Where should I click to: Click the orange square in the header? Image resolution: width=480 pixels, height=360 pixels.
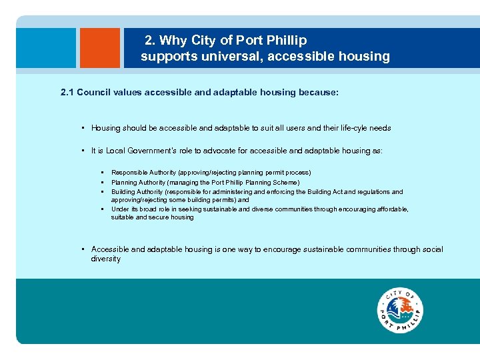click(x=100, y=48)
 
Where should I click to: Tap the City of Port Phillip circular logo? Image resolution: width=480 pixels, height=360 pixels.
click(x=400, y=311)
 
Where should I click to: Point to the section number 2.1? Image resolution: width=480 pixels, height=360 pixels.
click(x=67, y=93)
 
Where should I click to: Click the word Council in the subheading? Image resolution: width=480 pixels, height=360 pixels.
click(x=93, y=93)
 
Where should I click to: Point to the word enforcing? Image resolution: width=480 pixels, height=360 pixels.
click(x=301, y=191)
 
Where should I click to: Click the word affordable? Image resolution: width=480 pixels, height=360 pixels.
click(x=393, y=209)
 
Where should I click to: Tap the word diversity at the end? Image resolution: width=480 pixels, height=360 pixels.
click(x=106, y=259)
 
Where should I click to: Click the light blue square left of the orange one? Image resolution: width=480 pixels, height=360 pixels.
click(x=47, y=48)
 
